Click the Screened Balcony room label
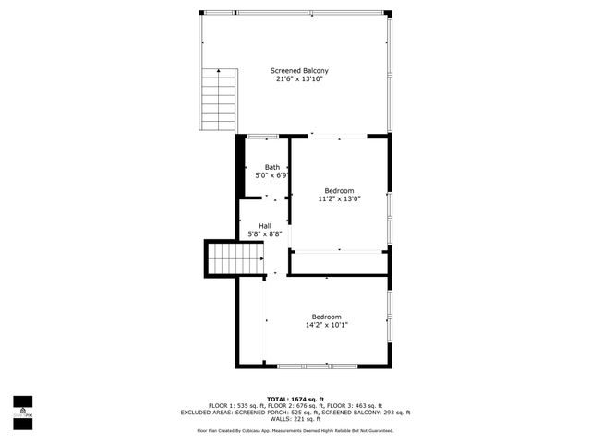299,71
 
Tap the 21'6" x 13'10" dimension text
299,79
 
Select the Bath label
272,167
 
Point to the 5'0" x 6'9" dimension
272,174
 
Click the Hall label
265,226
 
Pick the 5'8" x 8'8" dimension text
265,234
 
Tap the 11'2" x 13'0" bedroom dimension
339,198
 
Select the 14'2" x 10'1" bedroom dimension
326,324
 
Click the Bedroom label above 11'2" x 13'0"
339,190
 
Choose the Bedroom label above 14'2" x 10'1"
326,316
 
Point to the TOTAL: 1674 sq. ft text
295,399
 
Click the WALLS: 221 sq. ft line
295,420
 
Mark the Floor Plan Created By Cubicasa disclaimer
295,431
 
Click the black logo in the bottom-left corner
22,408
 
